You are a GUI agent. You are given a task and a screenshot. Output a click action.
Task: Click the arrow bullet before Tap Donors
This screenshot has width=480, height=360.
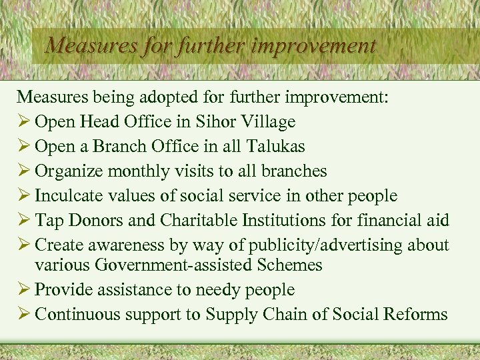24,221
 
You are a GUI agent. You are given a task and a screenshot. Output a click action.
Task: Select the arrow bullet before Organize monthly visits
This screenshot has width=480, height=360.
24,171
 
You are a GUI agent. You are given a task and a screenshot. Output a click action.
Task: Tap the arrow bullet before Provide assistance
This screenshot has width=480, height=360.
24,290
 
